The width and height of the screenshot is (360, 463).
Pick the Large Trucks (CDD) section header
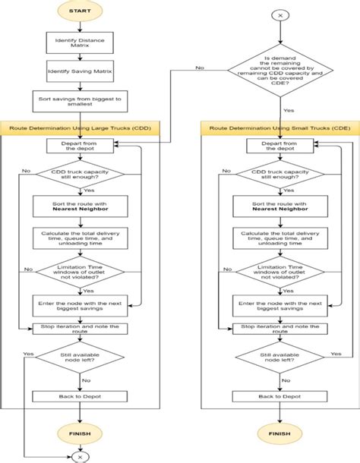pyautogui.click(x=81, y=130)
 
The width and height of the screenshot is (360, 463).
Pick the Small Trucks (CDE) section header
pyautogui.click(x=280, y=130)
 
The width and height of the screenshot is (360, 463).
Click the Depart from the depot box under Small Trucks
pyautogui.click(x=279, y=146)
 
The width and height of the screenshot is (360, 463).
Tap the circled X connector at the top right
pyautogui.click(x=279, y=15)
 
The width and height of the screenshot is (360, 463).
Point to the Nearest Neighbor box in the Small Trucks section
pyautogui.click(x=279, y=206)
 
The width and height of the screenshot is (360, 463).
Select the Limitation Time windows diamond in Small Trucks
pyautogui.click(x=279, y=271)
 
